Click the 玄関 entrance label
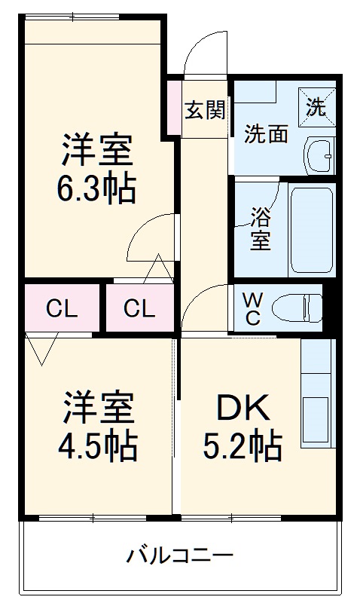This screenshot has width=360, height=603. coord(205,110)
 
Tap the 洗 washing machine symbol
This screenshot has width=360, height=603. coord(317,106)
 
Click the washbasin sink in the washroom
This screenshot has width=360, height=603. coord(319,156)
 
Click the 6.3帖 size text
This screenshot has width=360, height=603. coord(96,189)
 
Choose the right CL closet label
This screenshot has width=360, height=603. coord(139,308)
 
